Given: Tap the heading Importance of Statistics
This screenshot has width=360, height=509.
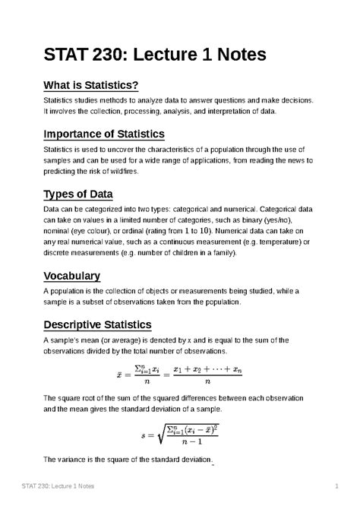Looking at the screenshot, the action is pos(96,134).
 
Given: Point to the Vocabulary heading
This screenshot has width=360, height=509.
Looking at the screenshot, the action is pos(72,275).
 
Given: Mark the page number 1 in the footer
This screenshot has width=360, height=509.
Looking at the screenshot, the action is pos(335,485).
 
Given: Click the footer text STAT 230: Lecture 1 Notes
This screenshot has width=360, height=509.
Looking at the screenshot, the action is pos(68,485).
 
